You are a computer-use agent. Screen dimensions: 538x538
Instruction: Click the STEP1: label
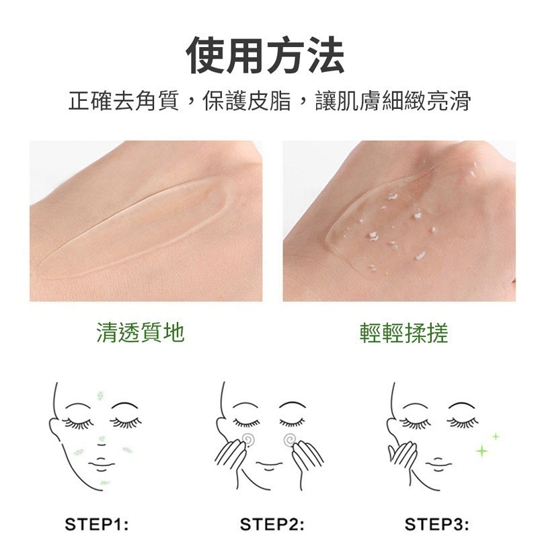point(96,525)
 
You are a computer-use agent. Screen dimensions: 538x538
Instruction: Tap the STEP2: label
point(272,525)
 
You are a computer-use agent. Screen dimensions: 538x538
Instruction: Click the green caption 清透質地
point(140,332)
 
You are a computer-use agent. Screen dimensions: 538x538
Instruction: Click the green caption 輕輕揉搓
point(403,332)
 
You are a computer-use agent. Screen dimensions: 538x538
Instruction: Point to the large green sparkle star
point(482,449)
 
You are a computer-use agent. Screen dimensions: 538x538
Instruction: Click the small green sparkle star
point(496,436)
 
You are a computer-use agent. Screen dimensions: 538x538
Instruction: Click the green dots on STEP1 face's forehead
point(101,396)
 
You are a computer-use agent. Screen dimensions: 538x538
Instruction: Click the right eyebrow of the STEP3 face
point(462,406)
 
